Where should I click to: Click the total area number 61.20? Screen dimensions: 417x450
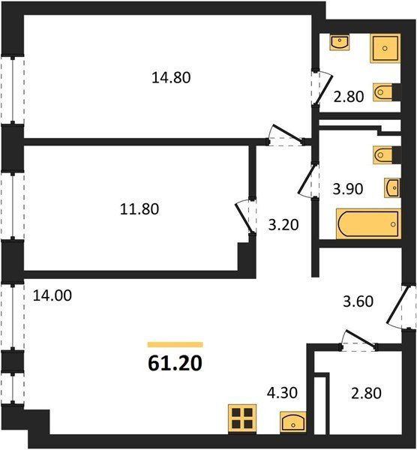(x=175, y=363)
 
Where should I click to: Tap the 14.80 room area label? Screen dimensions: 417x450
(x=171, y=77)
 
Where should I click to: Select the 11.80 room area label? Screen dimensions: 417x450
(x=139, y=209)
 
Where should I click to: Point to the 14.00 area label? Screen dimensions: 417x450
(x=52, y=295)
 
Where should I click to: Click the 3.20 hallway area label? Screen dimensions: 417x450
(x=283, y=225)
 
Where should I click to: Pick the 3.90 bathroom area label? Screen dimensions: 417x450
(x=348, y=189)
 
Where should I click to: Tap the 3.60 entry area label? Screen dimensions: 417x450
(x=358, y=301)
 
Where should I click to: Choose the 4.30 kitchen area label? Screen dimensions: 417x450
(x=282, y=392)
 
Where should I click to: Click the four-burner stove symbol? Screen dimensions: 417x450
(x=242, y=418)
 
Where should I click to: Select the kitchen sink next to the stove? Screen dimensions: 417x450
(x=292, y=421)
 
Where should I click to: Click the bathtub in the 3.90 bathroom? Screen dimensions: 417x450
(x=368, y=223)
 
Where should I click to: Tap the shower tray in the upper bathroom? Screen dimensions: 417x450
(x=385, y=48)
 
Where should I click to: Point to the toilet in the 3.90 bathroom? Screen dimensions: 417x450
(x=383, y=155)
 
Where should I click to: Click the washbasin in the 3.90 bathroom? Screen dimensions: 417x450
(x=392, y=187)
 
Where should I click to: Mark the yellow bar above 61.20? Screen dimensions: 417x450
(x=175, y=345)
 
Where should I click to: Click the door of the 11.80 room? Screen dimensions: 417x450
(x=244, y=217)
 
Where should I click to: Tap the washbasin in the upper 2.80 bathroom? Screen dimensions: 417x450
(x=340, y=43)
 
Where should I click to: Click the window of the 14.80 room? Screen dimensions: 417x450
(x=12, y=89)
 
